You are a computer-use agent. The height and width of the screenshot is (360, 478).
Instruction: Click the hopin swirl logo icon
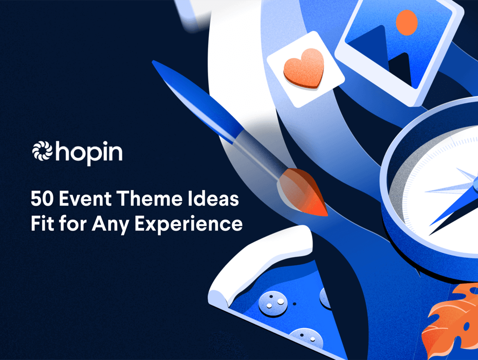tap(42, 151)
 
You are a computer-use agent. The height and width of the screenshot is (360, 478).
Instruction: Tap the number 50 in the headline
tap(42, 199)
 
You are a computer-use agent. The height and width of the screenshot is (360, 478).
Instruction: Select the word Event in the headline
tap(85, 199)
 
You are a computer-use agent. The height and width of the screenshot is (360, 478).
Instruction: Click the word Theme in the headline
tap(149, 199)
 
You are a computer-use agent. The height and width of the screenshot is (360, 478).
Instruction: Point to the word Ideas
tap(213, 199)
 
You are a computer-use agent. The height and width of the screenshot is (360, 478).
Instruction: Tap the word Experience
tap(189, 225)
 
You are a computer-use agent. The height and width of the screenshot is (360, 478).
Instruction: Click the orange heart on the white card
tap(304, 68)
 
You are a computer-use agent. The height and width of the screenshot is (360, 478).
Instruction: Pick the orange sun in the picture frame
tap(407, 22)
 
